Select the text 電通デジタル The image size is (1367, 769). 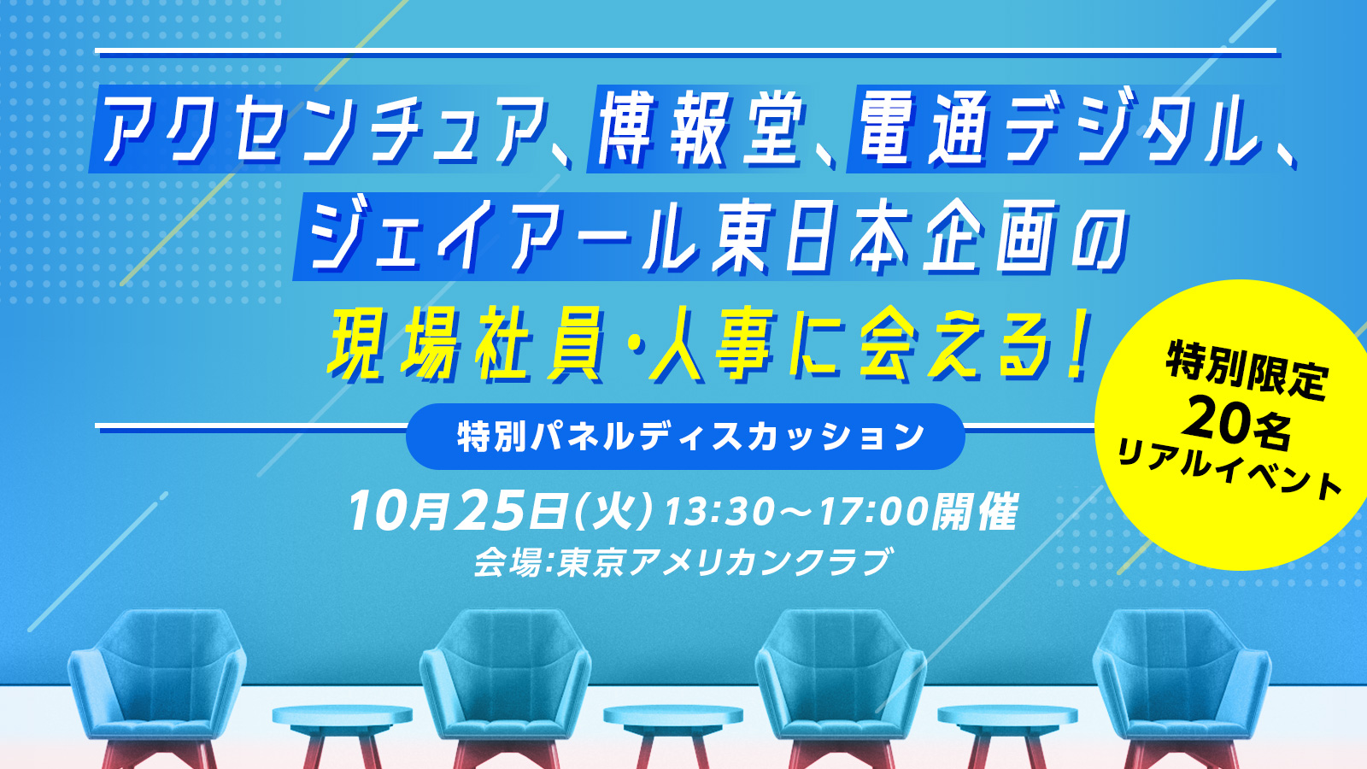click(x=1059, y=129)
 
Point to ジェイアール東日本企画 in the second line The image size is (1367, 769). click(x=658, y=236)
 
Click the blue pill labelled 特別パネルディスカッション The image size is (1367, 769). click(x=685, y=437)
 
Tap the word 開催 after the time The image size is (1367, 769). click(x=974, y=512)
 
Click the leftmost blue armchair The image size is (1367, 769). click(x=157, y=687)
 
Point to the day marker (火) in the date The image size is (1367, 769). click(x=613, y=512)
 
